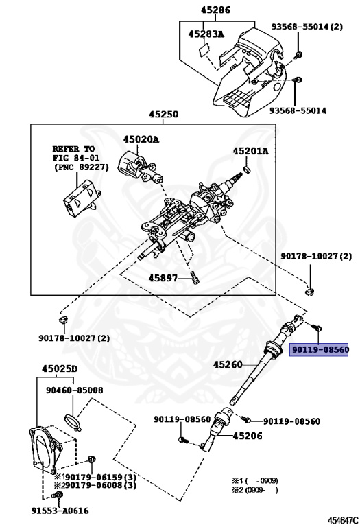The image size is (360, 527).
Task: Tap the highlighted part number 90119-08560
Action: point(320,349)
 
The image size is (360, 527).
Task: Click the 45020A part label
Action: point(141,139)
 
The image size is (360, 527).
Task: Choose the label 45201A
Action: point(250,150)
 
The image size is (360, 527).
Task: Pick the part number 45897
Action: point(163,278)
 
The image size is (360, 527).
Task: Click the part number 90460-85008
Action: point(75,390)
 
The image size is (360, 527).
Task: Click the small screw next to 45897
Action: point(195,277)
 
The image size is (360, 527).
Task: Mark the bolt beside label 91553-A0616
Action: point(58,495)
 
